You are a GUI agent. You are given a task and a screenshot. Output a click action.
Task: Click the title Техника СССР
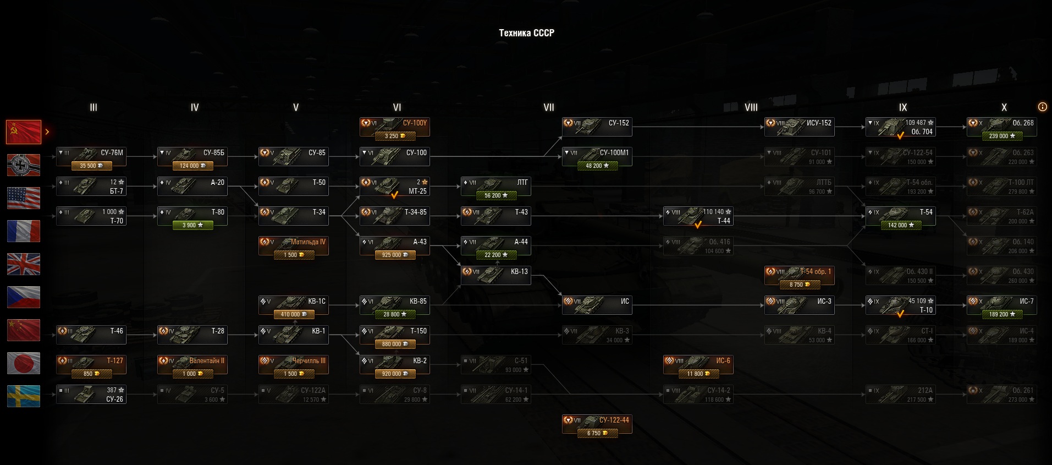[526, 33]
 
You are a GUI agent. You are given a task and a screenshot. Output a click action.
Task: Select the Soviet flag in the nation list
[24, 132]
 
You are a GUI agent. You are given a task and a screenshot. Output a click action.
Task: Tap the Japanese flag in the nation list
[24, 363]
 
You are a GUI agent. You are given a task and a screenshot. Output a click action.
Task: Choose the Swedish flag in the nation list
[24, 396]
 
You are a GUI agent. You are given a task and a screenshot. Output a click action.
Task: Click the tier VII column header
[548, 107]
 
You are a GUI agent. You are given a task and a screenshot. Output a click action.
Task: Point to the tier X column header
[1004, 107]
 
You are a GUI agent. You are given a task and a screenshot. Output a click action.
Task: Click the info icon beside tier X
[1042, 107]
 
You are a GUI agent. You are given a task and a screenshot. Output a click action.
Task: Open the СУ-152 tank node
[597, 127]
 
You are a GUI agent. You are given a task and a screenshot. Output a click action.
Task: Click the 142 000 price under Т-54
[900, 225]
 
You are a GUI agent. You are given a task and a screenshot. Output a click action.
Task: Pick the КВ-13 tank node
[495, 275]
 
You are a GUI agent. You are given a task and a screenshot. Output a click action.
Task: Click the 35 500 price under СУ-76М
[91, 166]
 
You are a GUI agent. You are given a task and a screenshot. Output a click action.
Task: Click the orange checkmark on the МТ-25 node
[394, 195]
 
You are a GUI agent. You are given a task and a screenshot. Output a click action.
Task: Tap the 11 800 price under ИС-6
[698, 374]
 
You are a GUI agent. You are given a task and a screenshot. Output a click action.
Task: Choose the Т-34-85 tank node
[394, 216]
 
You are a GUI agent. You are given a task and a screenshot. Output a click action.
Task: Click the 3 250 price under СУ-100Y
[394, 136]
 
